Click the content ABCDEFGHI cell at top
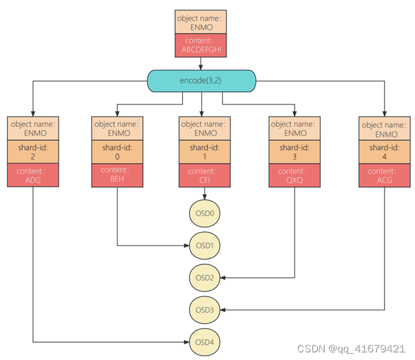(201, 47)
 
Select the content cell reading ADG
(32, 175)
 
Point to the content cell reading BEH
(116, 175)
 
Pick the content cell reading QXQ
(294, 175)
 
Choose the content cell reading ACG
(384, 175)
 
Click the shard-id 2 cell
(32, 152)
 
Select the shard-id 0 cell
(116, 152)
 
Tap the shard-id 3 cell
(294, 152)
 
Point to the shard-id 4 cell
(384, 152)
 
